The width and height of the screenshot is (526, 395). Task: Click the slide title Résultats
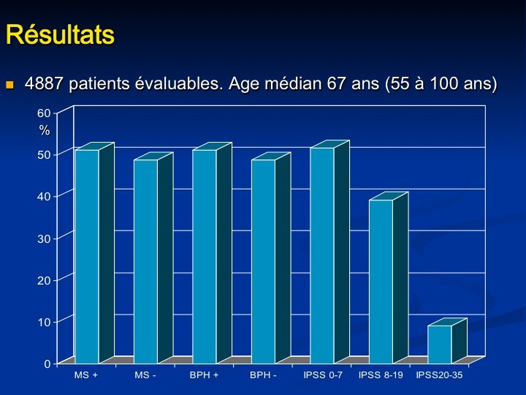61,34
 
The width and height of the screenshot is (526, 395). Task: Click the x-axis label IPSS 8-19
381,375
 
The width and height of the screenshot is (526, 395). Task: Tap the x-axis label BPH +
204,375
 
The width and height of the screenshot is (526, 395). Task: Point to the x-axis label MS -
145,375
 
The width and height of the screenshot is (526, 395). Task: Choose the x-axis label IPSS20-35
439,375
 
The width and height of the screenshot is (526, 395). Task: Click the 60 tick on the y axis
44,113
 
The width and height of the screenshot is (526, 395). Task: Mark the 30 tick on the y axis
44,238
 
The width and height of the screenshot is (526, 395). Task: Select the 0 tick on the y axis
47,364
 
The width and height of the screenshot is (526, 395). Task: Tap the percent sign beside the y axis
45,130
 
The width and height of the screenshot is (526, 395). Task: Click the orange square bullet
9,84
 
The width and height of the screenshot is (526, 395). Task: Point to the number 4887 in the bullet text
43,83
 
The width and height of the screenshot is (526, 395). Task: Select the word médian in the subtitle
289,83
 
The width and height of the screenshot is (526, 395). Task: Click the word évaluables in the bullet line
179,83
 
